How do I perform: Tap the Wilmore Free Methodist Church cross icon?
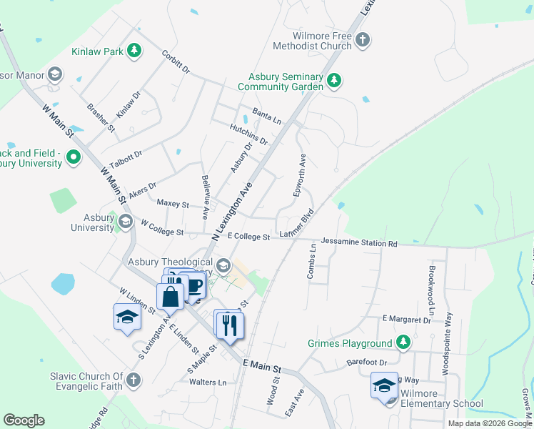pos(363,39)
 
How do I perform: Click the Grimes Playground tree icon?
pos(404,343)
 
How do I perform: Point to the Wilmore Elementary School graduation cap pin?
pos(384,386)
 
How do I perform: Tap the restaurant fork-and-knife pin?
pos(230,325)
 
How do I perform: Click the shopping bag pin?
pos(171,296)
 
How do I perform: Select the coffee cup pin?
pos(194,287)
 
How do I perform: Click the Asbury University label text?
pos(92,222)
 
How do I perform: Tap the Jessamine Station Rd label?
pos(358,243)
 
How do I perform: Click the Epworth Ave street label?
pos(301,175)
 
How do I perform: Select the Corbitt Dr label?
pos(176,61)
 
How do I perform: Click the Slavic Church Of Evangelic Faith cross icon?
pos(133,380)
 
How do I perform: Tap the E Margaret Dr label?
pos(406,319)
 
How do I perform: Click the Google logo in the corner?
pos(24,420)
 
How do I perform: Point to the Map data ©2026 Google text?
pos(489,423)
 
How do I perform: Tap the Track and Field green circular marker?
pos(73,157)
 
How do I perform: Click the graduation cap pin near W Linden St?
pos(127,317)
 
